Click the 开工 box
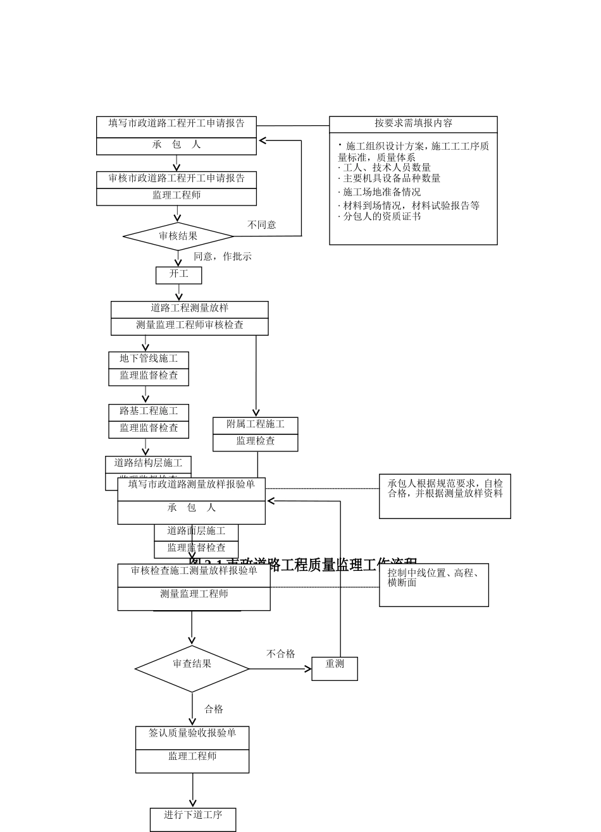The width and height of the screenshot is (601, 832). pos(179,274)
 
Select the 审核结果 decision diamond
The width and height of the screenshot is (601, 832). pos(178,236)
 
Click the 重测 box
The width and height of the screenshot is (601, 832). pos(335,668)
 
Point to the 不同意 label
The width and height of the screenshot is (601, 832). pos(262,225)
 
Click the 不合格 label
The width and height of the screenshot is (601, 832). pos(281,654)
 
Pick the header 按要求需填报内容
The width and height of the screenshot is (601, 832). pos(413,124)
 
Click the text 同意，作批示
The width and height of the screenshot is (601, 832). pos(223,257)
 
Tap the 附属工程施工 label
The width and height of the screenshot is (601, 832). pos(256,425)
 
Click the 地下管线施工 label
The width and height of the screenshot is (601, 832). pos(149,359)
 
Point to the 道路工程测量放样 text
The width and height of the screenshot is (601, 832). pos(190,309)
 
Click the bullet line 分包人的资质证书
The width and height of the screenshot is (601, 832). pos(382,217)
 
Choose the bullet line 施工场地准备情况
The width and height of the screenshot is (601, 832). pos(382,192)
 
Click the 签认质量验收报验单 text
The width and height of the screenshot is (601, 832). pos(192,733)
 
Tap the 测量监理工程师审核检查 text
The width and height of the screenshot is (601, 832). pos(190,326)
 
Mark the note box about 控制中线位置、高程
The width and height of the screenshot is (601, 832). pos(434,584)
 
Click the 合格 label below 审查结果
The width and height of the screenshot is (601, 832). pos(214,709)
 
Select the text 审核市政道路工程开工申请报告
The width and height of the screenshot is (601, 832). pos(177,179)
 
